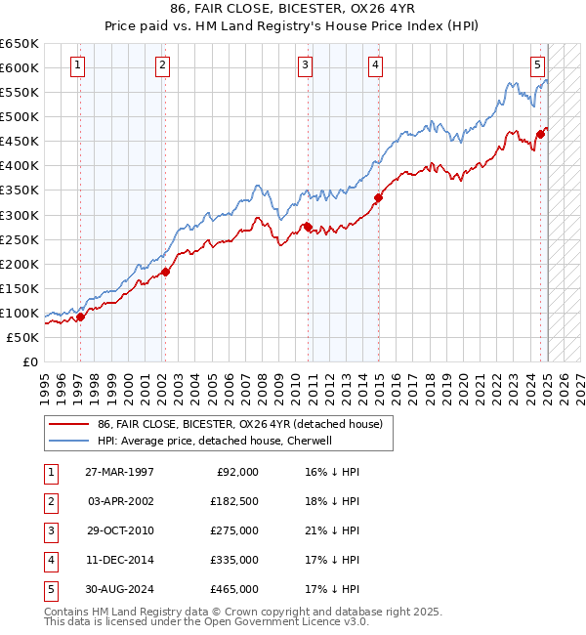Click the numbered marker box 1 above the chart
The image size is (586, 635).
77,65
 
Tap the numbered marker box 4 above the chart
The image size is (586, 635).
375,65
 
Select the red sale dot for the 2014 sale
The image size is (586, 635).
378,196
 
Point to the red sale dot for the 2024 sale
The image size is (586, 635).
540,134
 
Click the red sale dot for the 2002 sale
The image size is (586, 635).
165,272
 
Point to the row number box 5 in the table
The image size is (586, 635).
50,589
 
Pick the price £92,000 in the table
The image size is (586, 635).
235,472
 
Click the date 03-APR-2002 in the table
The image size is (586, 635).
121,501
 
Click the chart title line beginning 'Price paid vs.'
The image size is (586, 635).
292,24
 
